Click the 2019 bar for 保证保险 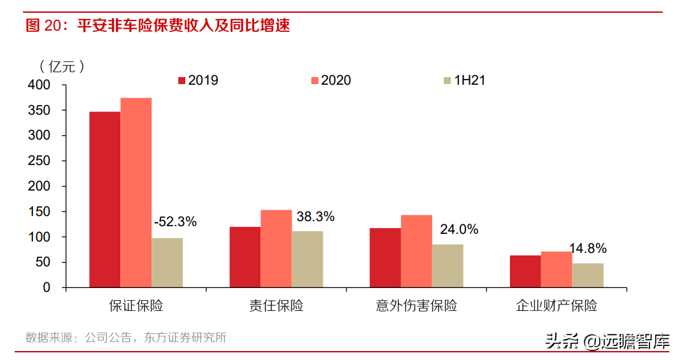click(104, 199)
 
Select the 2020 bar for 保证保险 click(136, 192)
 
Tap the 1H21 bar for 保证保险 click(167, 263)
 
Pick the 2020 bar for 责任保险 click(276, 248)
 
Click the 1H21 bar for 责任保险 click(307, 259)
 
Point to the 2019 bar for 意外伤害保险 click(385, 257)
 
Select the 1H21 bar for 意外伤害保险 click(448, 266)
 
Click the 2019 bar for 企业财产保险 click(525, 271)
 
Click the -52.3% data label click(175, 222)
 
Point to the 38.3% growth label click(315, 217)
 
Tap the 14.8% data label click(588, 248)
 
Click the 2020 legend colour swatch click(315, 80)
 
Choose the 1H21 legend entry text click(469, 80)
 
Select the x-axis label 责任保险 click(276, 306)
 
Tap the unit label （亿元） click(61, 66)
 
